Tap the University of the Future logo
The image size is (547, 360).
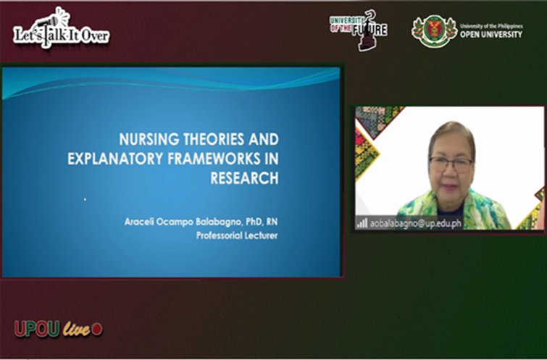coord(359,29)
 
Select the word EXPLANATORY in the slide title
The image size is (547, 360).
coord(106,159)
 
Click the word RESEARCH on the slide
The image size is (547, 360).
coord(244,178)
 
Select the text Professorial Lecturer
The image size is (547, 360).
coord(237,235)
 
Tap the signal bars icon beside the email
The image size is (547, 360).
coord(362,223)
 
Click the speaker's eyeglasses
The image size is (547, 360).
coord(451,164)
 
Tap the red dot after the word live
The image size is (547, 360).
coord(97,330)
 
